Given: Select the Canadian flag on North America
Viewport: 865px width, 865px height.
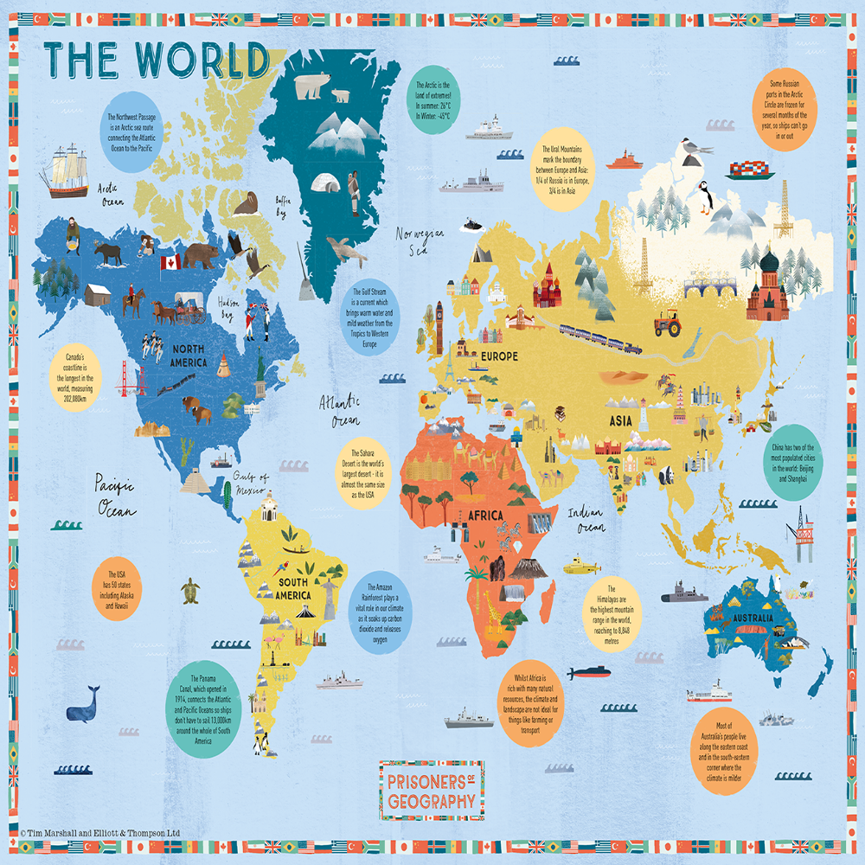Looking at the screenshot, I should [x=170, y=262].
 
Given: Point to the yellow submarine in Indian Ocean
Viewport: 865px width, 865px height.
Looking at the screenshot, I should [x=581, y=567].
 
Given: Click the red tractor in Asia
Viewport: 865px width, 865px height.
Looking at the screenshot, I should [x=667, y=324].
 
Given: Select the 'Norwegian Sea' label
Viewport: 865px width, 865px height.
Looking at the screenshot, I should [x=420, y=241].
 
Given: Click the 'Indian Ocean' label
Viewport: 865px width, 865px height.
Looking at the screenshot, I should [x=585, y=519].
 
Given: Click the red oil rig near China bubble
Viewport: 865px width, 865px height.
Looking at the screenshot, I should [x=799, y=541].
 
